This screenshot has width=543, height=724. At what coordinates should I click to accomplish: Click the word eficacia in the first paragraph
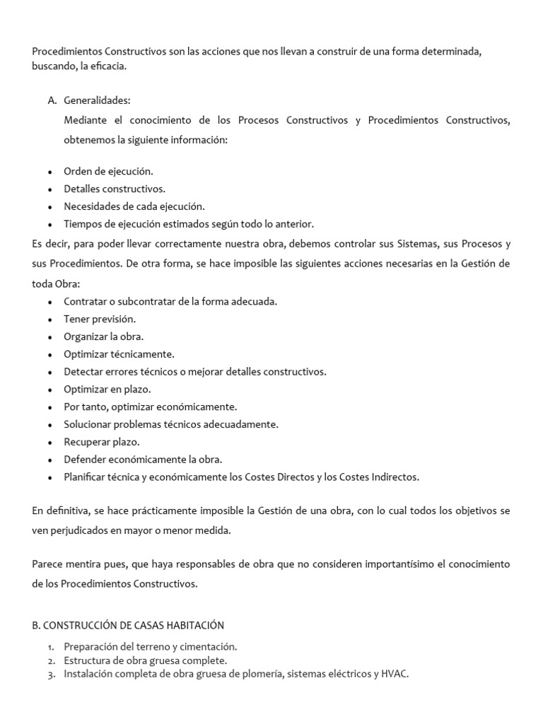(105, 66)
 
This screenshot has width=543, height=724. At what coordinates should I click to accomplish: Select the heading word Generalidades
(97, 101)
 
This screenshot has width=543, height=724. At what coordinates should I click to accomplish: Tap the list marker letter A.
(52, 101)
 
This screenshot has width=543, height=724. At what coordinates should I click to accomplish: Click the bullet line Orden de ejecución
(108, 171)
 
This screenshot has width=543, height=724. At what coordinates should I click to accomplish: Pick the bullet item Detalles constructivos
(115, 189)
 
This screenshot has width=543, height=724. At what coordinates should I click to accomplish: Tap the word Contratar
(86, 301)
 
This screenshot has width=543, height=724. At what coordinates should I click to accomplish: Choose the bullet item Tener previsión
(100, 319)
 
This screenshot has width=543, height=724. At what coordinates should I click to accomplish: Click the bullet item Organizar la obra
(103, 337)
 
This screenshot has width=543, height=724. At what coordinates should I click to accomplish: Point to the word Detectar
(83, 371)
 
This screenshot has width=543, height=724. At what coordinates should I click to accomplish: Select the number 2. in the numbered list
(52, 660)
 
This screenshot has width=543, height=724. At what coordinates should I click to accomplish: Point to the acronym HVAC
(395, 674)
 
